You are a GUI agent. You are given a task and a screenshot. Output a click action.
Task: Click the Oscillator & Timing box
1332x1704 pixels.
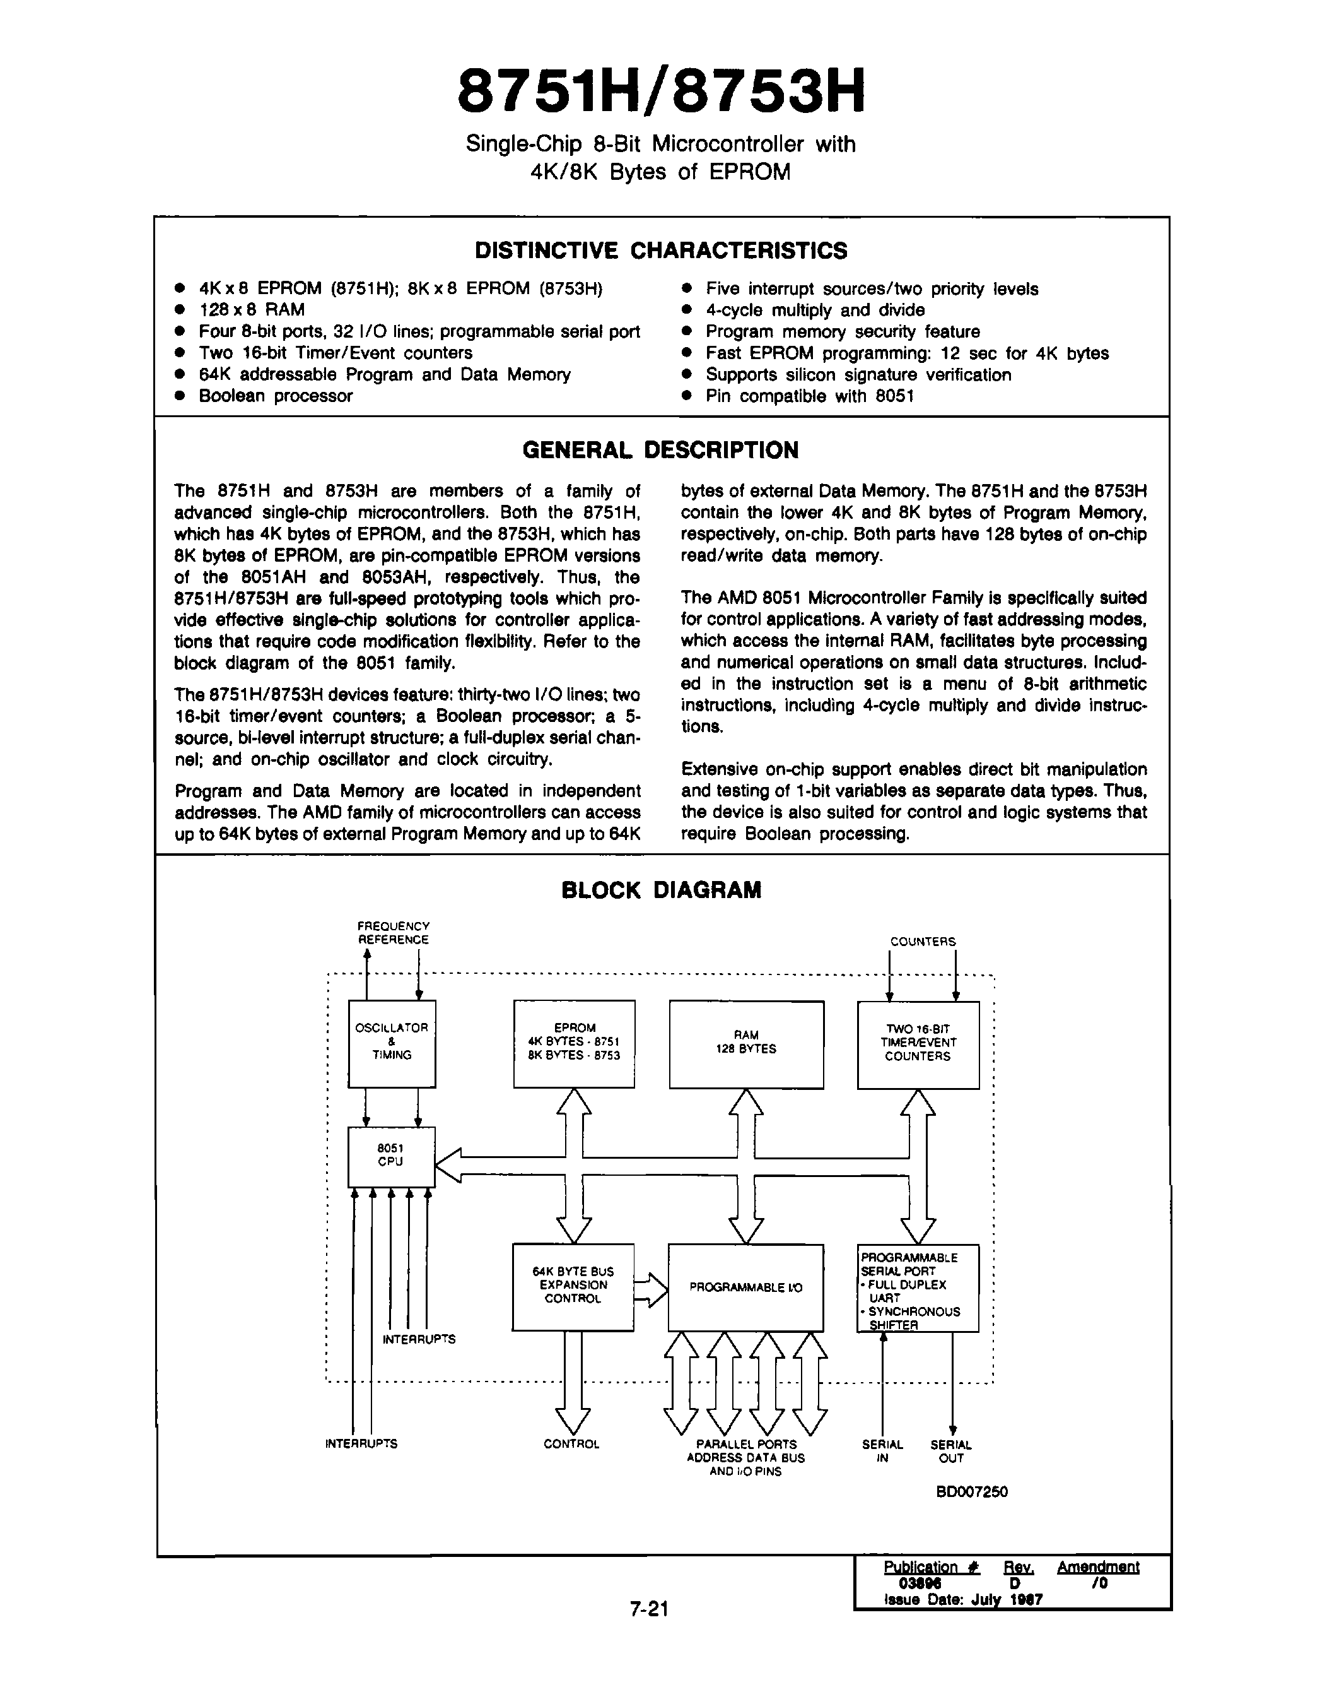[x=392, y=1043]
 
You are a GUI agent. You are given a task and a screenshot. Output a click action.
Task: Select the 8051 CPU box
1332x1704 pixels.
[x=391, y=1156]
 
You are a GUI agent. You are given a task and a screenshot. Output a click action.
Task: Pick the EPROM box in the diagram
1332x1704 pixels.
[x=574, y=1043]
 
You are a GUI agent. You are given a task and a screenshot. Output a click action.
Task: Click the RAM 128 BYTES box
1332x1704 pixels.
[x=746, y=1044]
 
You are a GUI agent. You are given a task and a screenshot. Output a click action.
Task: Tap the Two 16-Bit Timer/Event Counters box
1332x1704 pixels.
[x=918, y=1044]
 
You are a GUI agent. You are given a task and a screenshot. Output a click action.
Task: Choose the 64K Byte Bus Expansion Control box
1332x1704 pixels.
[x=573, y=1287]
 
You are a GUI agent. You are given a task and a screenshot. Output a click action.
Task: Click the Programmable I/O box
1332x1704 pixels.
[x=745, y=1288]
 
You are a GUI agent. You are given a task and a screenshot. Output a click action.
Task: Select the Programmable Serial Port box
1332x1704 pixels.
[x=918, y=1288]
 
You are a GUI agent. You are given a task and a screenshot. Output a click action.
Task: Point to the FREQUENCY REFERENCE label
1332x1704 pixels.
[x=393, y=933]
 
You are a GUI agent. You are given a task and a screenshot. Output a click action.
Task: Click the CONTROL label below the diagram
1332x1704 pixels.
[x=571, y=1444]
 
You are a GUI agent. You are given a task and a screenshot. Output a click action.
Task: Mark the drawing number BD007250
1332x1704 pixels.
[x=972, y=1492]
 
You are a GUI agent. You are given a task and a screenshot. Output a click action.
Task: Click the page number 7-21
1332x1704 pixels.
[x=650, y=1609]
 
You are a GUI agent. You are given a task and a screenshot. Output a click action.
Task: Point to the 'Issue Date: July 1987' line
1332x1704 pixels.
[x=963, y=1599]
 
